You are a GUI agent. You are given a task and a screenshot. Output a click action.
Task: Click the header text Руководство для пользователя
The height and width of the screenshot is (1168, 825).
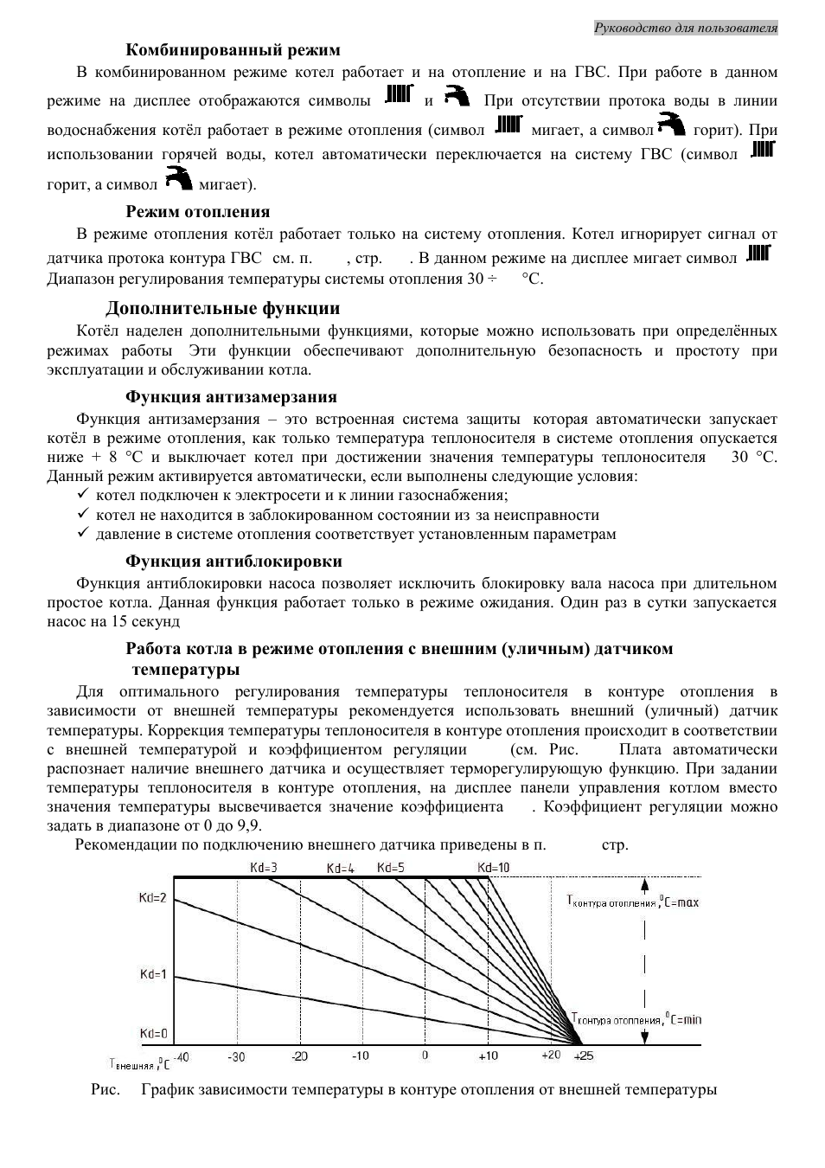pos(686,28)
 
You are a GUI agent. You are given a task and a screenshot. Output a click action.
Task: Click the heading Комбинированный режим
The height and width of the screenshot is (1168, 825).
pos(233,49)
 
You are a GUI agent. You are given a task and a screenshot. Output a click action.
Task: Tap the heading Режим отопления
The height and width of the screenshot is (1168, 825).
pos(197,211)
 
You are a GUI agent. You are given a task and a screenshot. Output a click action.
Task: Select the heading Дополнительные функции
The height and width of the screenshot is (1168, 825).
pos(222,308)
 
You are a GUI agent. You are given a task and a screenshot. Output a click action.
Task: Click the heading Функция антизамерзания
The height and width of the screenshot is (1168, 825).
pos(231,396)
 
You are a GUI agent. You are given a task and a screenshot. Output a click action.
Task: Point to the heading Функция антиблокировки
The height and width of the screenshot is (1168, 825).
pos(233,561)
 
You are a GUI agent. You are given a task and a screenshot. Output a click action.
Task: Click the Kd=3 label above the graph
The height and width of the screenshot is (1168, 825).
pos(264,867)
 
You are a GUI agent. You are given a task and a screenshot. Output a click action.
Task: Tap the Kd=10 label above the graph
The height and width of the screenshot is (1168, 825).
pos(493,867)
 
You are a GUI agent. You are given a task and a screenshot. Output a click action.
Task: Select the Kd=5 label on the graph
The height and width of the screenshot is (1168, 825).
pos(391,867)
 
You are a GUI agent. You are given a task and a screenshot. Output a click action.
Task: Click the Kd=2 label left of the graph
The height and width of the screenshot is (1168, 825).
pos(152,898)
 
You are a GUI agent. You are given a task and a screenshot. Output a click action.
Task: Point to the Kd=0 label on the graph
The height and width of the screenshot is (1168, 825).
pos(153,1034)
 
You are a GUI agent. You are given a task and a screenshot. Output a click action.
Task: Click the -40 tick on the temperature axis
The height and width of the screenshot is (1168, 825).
pos(182,1056)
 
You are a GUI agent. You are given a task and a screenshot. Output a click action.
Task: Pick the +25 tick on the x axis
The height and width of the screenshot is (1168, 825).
pos(585,1056)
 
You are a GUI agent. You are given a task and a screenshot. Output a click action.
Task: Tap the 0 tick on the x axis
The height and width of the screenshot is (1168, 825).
pos(425,1056)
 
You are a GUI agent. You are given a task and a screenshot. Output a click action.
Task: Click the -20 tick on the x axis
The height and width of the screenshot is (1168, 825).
pos(299,1056)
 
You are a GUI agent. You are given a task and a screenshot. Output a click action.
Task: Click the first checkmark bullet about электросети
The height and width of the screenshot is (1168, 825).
pos(84,495)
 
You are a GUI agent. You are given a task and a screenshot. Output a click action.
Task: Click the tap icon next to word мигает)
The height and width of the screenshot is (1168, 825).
pos(179,180)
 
